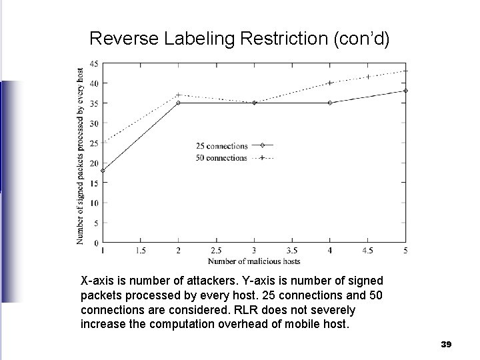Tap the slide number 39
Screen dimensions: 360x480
point(447,344)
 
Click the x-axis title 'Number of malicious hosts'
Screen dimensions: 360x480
point(254,260)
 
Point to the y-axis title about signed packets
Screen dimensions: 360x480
point(81,155)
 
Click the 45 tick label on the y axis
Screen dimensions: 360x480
point(94,63)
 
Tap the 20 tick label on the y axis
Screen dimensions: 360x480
point(94,163)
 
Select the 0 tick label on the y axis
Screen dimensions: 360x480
point(96,243)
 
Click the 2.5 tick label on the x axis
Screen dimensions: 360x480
point(216,251)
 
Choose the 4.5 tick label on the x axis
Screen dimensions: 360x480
point(367,251)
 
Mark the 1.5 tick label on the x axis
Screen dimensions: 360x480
point(140,251)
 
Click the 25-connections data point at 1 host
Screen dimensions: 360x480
point(103,171)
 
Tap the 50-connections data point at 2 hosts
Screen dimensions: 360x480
point(178,95)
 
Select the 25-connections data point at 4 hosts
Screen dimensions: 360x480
point(329,103)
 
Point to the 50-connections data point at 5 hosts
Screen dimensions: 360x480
point(405,71)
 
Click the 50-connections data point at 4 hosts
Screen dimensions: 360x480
point(329,83)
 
